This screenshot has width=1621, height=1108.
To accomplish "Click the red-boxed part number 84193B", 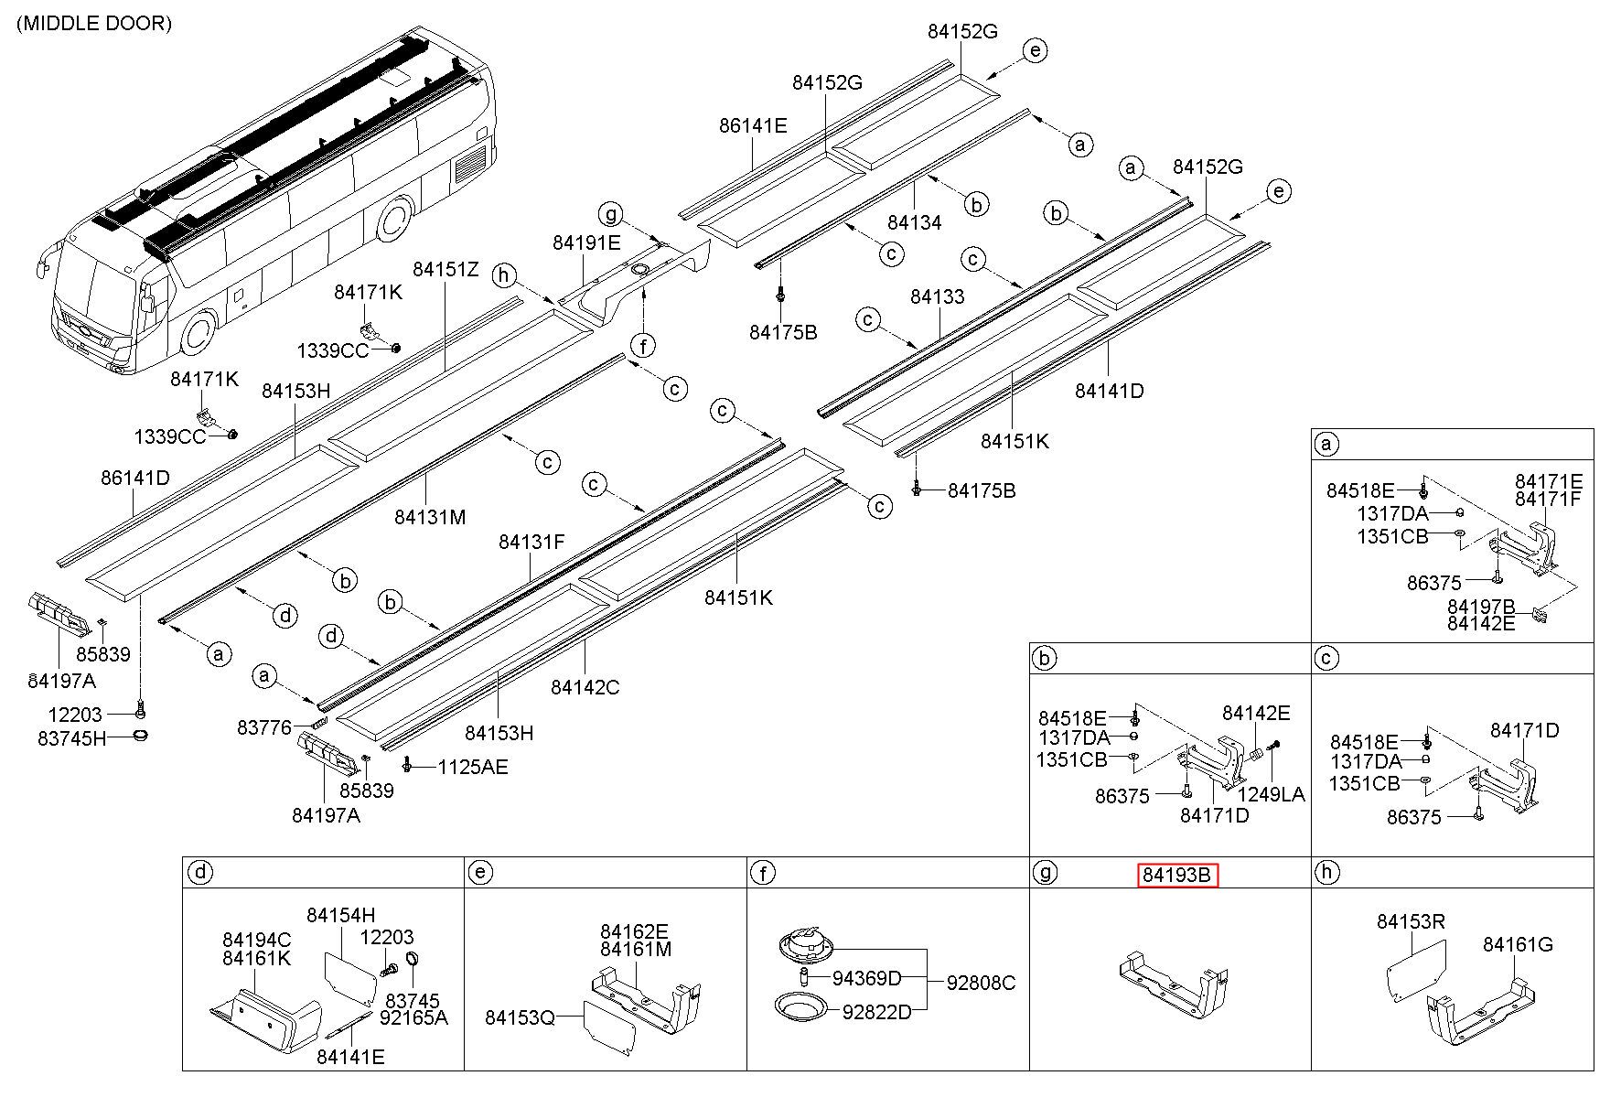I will click(1177, 876).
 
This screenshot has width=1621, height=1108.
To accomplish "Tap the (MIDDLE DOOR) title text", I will click(93, 24).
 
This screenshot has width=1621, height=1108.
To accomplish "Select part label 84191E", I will click(586, 242).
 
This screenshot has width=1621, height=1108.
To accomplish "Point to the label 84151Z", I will click(446, 269).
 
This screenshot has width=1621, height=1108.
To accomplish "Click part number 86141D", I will click(135, 478).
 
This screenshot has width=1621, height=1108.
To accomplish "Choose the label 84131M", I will click(430, 517).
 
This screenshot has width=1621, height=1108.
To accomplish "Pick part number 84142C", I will click(585, 686).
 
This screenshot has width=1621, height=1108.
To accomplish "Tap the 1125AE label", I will click(472, 767).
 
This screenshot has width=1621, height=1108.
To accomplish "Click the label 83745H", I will click(72, 737).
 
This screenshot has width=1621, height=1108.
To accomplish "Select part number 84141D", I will click(1109, 391).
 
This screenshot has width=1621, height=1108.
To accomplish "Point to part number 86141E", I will click(753, 125).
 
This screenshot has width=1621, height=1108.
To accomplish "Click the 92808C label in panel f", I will click(981, 983).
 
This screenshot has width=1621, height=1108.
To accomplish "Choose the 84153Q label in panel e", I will click(520, 1017).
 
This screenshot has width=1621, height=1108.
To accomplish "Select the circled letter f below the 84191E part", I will click(644, 345).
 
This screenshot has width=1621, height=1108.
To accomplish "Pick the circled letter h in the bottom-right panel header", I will click(1326, 872).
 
